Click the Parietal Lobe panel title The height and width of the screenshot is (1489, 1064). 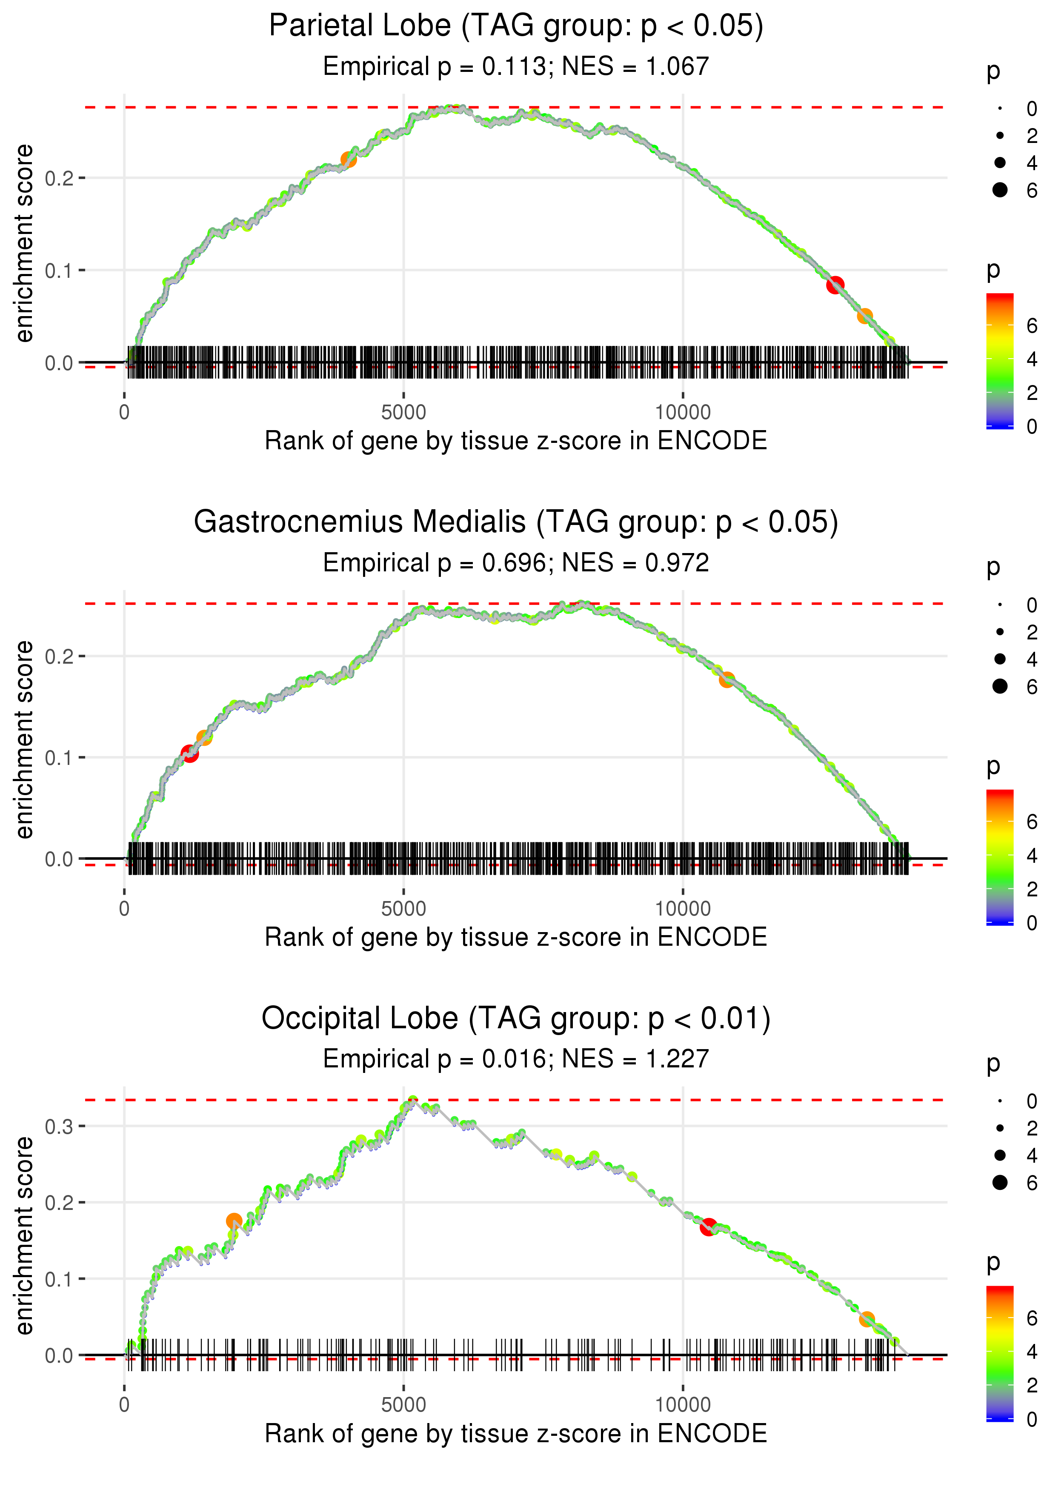click(x=516, y=26)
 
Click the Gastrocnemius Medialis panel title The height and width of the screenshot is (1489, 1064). click(x=516, y=522)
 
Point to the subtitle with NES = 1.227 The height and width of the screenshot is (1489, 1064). click(x=516, y=1059)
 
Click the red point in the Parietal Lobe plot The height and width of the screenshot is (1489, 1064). click(x=835, y=285)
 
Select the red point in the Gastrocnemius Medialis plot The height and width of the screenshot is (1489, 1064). click(x=190, y=754)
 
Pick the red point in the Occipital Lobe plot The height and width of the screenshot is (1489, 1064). click(x=708, y=1227)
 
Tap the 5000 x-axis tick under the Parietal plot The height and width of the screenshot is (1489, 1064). click(x=403, y=413)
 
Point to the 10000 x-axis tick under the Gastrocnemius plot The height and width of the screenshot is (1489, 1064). click(x=683, y=909)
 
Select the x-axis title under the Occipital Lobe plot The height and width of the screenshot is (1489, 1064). click(x=516, y=1434)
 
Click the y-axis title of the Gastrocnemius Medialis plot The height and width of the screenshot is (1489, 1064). click(x=24, y=739)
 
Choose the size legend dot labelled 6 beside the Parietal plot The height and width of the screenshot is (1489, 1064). click(x=1000, y=190)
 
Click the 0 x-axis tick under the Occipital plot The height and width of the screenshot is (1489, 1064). click(x=124, y=1405)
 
